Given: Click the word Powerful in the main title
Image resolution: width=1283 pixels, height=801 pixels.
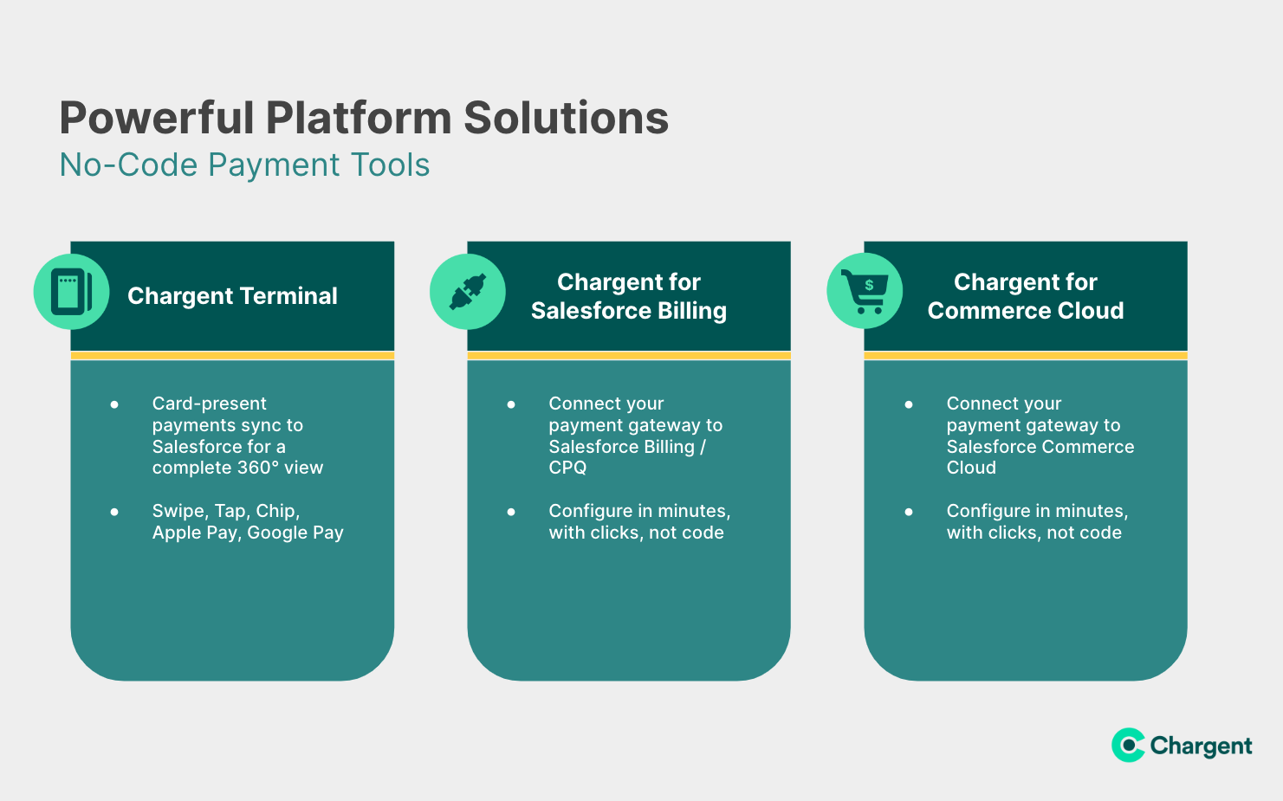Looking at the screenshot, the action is click(156, 118).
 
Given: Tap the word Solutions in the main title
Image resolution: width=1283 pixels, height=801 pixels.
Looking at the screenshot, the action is click(566, 118).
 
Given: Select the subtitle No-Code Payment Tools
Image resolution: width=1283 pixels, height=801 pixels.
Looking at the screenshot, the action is click(244, 165).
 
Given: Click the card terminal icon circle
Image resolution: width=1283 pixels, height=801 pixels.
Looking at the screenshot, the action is click(71, 292).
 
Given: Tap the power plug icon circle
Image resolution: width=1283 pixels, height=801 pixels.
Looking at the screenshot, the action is click(468, 292).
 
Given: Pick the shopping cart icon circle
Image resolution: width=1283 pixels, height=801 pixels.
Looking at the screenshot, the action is click(865, 291).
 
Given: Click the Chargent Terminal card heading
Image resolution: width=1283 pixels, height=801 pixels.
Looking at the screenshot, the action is click(232, 296).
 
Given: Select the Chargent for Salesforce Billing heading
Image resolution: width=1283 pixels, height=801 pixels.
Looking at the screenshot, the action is click(629, 296).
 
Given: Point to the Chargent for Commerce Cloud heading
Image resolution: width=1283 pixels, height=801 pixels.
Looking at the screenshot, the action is click(1025, 296).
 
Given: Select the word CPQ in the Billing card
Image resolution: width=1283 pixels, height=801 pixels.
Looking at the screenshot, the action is click(567, 468).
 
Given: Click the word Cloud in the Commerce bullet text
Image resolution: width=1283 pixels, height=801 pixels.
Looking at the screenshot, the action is click(971, 468).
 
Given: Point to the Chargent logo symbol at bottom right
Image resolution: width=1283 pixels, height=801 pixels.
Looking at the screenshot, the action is click(1128, 745).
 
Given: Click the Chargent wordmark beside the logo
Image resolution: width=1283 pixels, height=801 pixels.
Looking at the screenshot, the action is click(1201, 746).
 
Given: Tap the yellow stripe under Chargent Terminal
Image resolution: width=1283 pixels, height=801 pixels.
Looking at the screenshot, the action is click(232, 356).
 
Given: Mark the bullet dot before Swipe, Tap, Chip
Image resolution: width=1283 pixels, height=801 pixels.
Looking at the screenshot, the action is click(114, 512).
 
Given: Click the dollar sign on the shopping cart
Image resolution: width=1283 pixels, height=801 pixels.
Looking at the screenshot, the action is click(869, 285).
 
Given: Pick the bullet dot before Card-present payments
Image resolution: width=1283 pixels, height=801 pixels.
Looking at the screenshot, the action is click(114, 404).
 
